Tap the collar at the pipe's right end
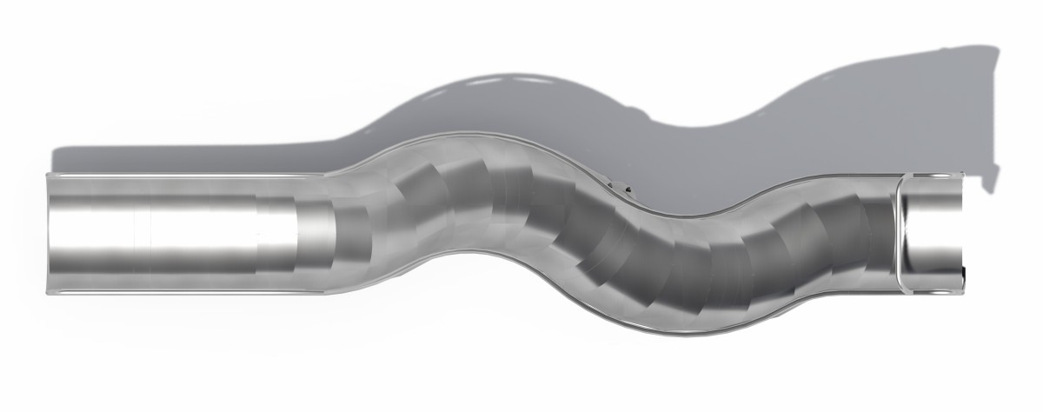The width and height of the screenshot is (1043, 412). pos(933,233)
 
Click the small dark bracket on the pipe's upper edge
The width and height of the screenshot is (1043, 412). pos(622,186)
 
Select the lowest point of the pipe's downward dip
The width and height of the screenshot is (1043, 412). pos(687,333)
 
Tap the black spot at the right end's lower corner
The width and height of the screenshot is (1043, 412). pos(964,280)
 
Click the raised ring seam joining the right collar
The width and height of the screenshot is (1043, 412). pos(900,233)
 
